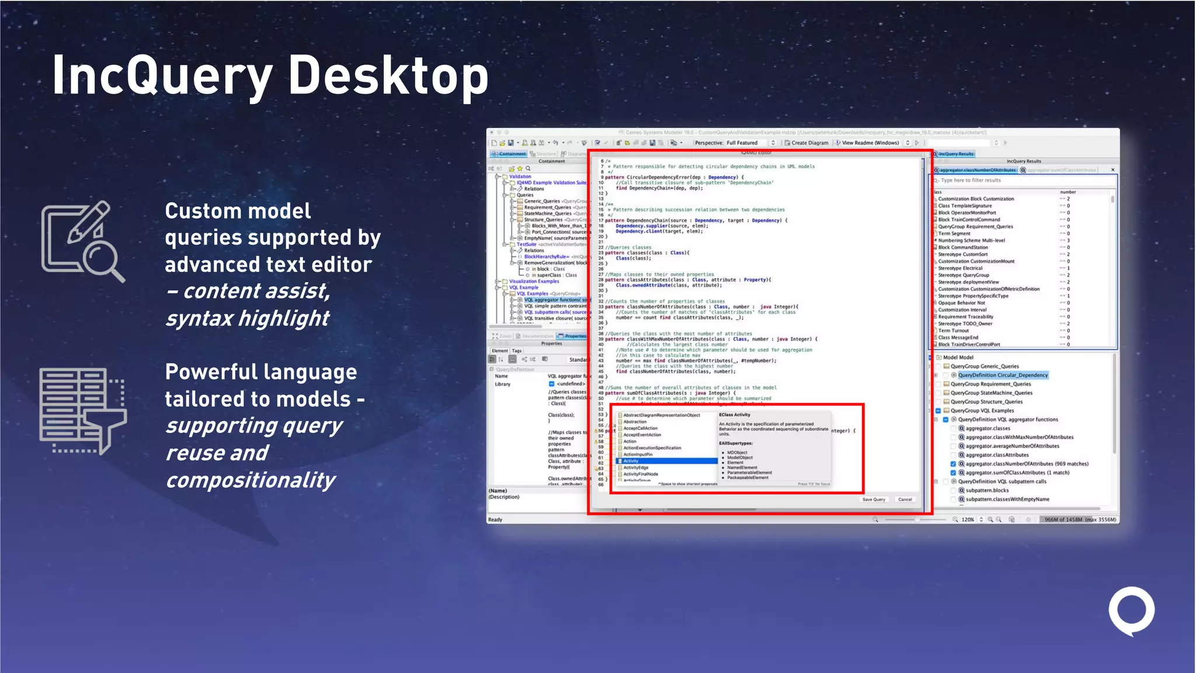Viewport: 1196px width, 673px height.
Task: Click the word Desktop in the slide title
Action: pos(388,76)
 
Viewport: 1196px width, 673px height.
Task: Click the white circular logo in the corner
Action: pos(1131,610)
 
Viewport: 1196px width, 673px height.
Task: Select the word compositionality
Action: pos(251,480)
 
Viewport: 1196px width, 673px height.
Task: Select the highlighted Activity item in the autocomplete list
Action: pos(631,461)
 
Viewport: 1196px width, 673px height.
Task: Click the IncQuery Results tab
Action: pos(956,154)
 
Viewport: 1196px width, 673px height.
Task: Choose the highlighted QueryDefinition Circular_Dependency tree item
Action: pos(1002,375)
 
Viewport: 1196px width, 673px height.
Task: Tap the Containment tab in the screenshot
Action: pos(512,154)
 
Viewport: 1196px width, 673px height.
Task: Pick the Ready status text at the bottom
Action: pos(495,519)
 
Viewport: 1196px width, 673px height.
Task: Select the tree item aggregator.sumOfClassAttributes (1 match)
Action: pos(1017,473)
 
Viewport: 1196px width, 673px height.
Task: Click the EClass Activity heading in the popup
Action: pos(735,415)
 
